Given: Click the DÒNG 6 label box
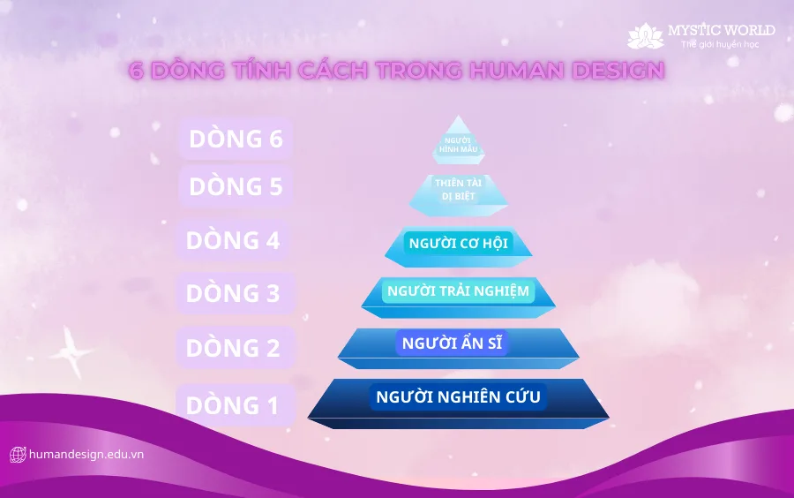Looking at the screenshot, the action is click(x=236, y=139).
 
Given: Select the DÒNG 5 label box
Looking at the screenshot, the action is click(x=236, y=186).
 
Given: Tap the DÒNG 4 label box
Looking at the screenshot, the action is click(x=233, y=240).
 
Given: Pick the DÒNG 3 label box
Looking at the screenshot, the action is click(x=236, y=293).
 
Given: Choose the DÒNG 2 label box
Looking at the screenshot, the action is click(x=236, y=348).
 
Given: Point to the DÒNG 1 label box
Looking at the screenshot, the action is click(x=236, y=404).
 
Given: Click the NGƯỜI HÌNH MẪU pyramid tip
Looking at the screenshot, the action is click(x=458, y=140).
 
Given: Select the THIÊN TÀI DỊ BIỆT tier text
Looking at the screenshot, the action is click(x=458, y=190).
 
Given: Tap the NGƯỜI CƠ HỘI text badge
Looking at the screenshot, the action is click(x=458, y=243).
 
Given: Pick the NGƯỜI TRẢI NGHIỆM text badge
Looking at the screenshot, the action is click(x=458, y=291).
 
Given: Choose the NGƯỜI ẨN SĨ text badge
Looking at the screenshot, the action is click(x=452, y=343).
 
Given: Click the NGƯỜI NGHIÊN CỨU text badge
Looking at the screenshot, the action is click(x=458, y=396).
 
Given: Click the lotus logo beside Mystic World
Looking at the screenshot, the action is click(x=646, y=35).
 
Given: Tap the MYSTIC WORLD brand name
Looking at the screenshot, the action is click(x=722, y=30).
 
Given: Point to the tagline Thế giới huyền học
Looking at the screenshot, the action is click(x=720, y=44).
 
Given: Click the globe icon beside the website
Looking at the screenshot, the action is click(x=18, y=455).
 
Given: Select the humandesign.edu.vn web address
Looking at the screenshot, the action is click(x=86, y=455).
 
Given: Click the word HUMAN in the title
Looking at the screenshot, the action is click(x=517, y=71).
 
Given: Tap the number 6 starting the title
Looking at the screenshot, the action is click(x=136, y=71).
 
